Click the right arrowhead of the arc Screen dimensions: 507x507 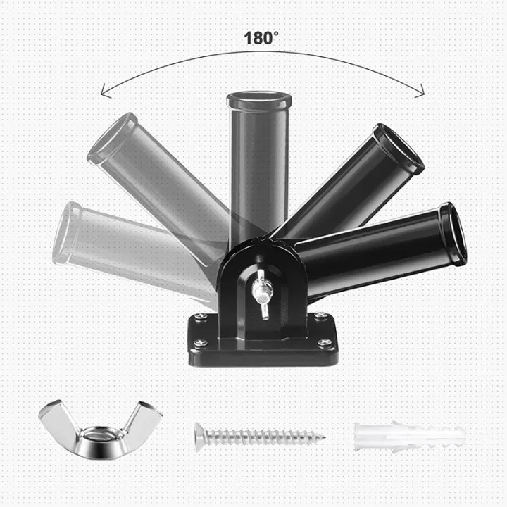(421, 90)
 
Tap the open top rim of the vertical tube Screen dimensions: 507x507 (258, 100)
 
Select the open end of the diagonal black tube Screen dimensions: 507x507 (399, 149)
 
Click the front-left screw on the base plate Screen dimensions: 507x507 (200, 343)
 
